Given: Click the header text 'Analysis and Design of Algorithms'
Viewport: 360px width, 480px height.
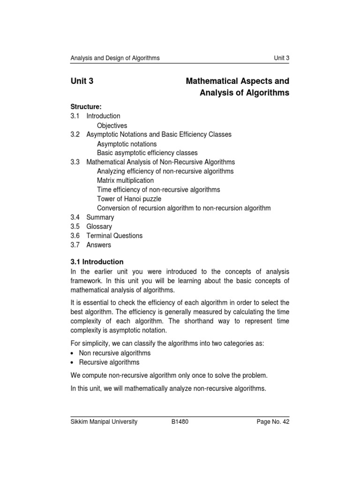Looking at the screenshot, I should pyautogui.click(x=115, y=58).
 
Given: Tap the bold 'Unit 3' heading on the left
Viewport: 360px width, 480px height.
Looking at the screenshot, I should pyautogui.click(x=82, y=81).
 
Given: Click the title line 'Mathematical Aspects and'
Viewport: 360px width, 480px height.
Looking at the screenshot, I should pyautogui.click(x=238, y=81).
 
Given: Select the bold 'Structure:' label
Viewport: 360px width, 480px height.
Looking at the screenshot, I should pyautogui.click(x=86, y=107).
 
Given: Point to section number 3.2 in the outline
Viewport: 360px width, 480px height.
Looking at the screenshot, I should pyautogui.click(x=75, y=135).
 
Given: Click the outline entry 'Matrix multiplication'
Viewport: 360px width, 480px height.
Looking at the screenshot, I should pyautogui.click(x=125, y=180).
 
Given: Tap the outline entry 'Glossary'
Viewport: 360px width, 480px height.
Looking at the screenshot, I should pyautogui.click(x=99, y=226).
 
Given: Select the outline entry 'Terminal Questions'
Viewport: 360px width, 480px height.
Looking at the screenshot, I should pyautogui.click(x=114, y=236).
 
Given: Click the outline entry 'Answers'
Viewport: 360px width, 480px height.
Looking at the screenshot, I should pyautogui.click(x=99, y=245).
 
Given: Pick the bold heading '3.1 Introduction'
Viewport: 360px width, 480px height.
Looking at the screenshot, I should pyautogui.click(x=97, y=262).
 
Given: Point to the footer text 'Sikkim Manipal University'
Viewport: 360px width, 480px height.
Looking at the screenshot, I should pyautogui.click(x=104, y=421).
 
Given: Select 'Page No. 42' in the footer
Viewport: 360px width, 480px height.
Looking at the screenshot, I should pyautogui.click(x=273, y=421).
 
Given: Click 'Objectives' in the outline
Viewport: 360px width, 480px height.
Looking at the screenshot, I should pyautogui.click(x=112, y=126).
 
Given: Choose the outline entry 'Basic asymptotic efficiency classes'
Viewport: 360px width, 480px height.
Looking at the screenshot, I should pyautogui.click(x=147, y=153).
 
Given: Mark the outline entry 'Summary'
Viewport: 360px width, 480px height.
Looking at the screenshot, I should pyautogui.click(x=100, y=217).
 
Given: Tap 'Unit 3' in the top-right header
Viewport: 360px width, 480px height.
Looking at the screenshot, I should pyautogui.click(x=281, y=58).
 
